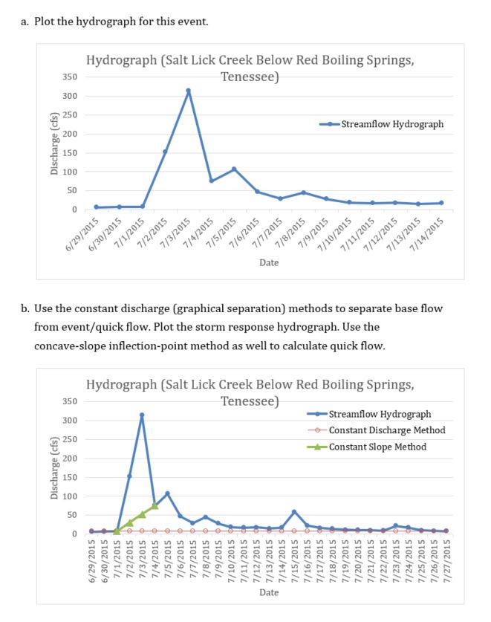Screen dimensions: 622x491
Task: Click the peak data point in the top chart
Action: [x=188, y=91]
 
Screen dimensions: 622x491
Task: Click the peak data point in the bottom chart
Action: [x=142, y=415]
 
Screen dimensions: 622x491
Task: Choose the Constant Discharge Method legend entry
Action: [x=386, y=430]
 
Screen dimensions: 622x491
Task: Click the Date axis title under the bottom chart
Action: [x=269, y=592]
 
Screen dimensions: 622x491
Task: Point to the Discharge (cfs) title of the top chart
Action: [x=53, y=143]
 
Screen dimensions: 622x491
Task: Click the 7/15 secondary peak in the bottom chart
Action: [x=294, y=511]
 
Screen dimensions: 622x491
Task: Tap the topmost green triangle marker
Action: [x=155, y=506]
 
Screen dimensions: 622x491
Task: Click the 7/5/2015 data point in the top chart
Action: [x=234, y=169]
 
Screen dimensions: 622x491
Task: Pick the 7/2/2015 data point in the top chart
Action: [x=165, y=152]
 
